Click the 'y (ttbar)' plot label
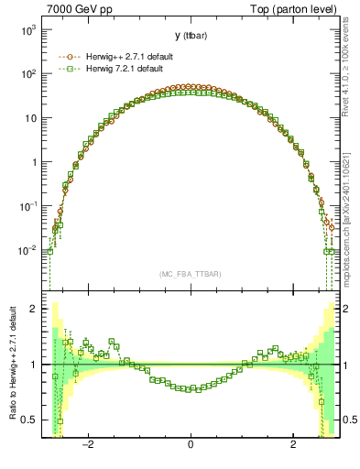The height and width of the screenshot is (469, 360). point(190,36)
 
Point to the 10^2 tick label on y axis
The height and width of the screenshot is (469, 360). point(27,74)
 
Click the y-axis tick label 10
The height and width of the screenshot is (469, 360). point(29,118)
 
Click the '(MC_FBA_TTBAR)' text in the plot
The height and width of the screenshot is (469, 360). point(190,275)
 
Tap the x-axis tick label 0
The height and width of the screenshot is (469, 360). point(190,446)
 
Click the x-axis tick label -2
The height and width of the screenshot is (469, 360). point(87,446)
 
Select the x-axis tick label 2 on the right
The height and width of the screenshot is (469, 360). point(293,446)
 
